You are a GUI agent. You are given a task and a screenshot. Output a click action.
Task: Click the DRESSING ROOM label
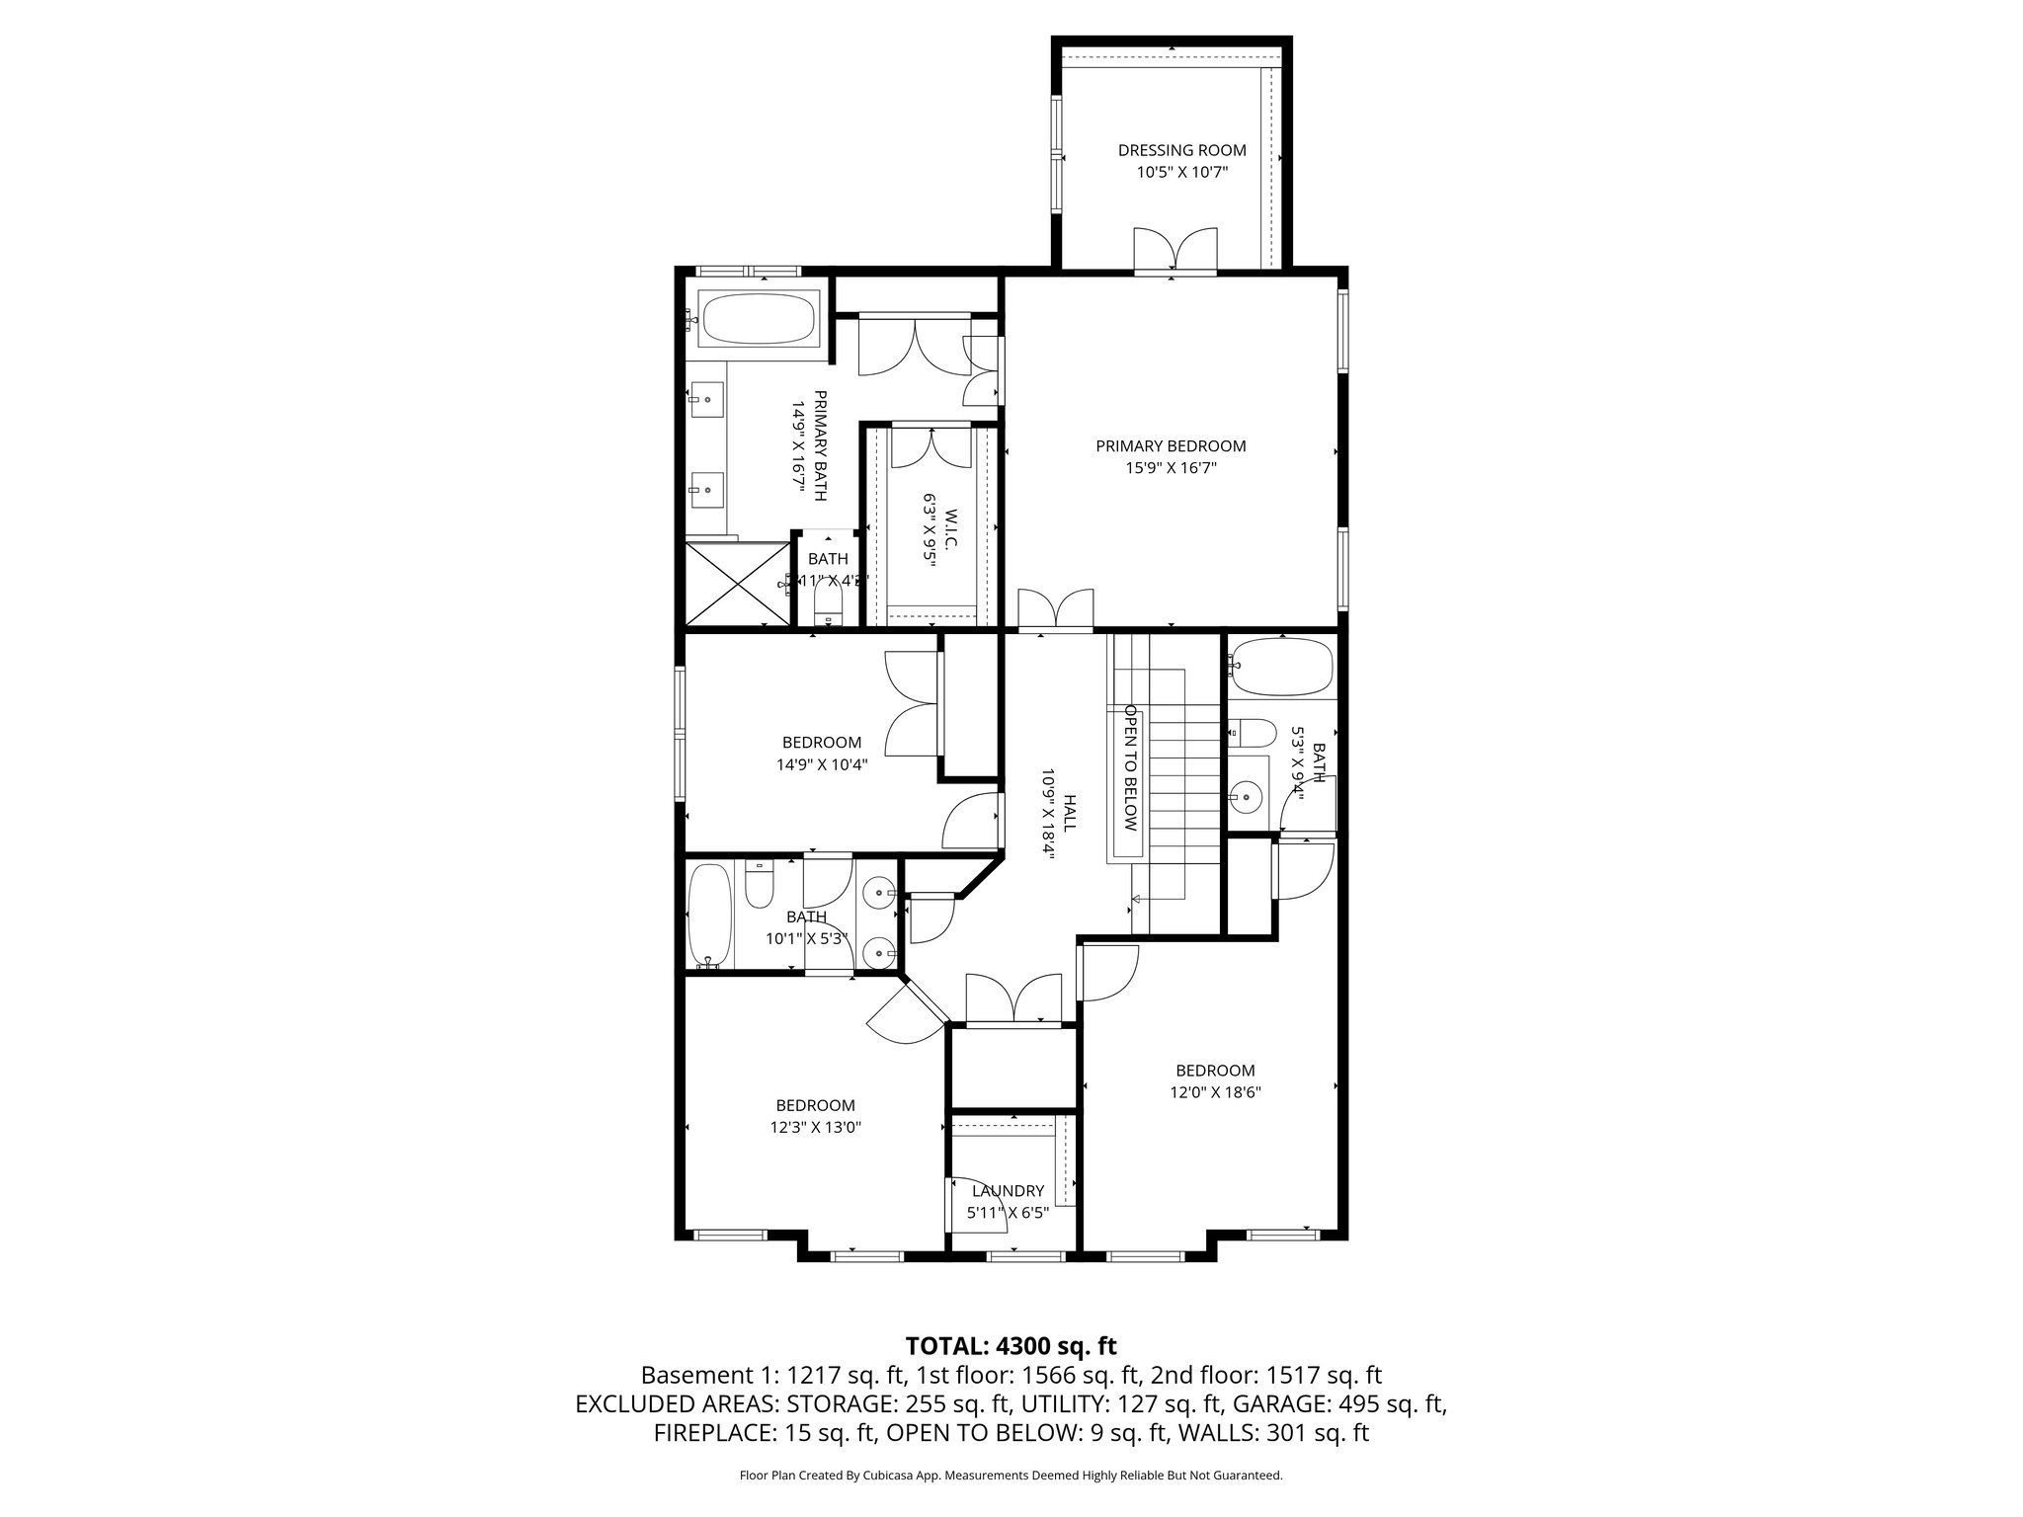click(1181, 150)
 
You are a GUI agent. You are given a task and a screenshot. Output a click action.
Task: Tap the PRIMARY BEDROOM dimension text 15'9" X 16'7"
click(1171, 468)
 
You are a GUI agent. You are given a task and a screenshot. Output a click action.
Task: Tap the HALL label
click(1069, 813)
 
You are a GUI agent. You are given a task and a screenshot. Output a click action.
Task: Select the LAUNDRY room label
click(1008, 1190)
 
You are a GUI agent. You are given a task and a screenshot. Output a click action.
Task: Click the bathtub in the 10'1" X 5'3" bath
click(707, 915)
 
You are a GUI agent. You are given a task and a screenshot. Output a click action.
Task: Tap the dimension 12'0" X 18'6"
click(1215, 1092)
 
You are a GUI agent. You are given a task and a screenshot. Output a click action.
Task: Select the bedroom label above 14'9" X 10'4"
click(822, 742)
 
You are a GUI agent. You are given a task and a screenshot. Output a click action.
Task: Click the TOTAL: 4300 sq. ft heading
click(1011, 1345)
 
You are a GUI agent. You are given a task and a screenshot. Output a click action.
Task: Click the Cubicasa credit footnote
click(1011, 1476)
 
